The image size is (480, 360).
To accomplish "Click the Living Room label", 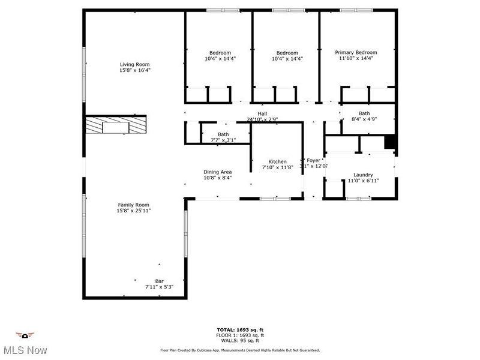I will pyautogui.click(x=134, y=64).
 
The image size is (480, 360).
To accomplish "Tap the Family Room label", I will pyautogui.click(x=133, y=205).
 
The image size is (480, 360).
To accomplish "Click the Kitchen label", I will pyautogui.click(x=277, y=162).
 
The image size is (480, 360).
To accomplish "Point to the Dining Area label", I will pyautogui.click(x=217, y=172).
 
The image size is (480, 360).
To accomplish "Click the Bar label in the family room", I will pyautogui.click(x=159, y=281).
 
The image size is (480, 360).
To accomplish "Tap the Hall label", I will pyautogui.click(x=262, y=113).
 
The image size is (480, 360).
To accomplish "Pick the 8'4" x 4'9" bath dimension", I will pyautogui.click(x=364, y=119).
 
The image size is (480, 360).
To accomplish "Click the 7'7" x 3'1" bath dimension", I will pyautogui.click(x=223, y=140).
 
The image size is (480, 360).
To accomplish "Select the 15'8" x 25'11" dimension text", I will pyautogui.click(x=133, y=211).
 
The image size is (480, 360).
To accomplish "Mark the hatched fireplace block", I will pyautogui.click(x=115, y=125).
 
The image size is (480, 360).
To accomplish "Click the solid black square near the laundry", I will pyautogui.click(x=389, y=141).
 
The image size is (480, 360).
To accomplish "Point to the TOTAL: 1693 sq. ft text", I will pyautogui.click(x=240, y=329).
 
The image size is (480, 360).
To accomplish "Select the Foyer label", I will pyautogui.click(x=314, y=160).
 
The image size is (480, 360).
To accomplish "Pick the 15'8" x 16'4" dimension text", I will pyautogui.click(x=134, y=70).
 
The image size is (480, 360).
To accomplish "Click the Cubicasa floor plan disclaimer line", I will pyautogui.click(x=240, y=350).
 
